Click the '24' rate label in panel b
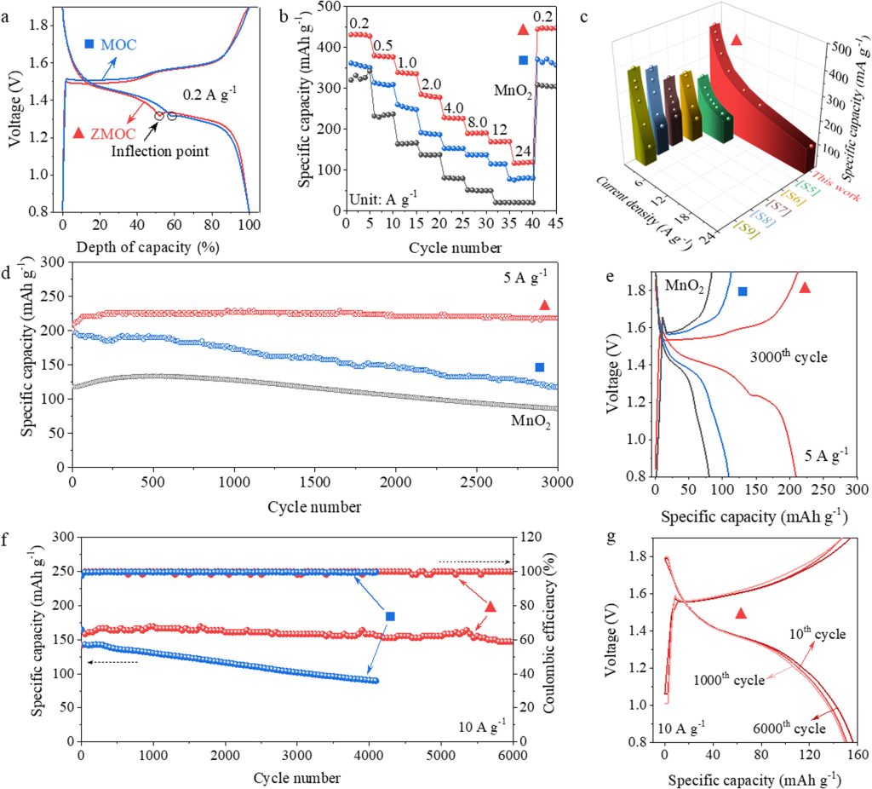518,149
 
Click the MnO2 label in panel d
530,419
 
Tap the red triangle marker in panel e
805,288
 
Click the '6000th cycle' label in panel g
789,729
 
